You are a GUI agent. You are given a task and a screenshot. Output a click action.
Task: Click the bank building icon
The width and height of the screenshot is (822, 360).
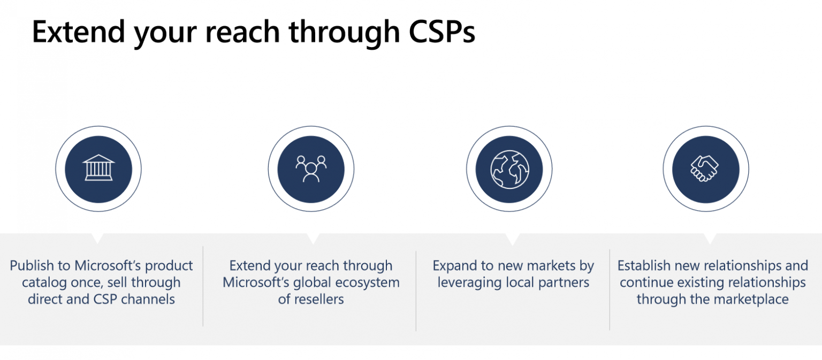point(98,169)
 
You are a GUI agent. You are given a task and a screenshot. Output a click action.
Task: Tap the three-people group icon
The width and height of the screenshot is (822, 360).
point(311,169)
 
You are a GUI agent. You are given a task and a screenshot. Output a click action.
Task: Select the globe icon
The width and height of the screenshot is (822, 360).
point(509,169)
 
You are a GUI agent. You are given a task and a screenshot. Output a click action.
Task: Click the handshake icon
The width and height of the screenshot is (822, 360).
point(705,169)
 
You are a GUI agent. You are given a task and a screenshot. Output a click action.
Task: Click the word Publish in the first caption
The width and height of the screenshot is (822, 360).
point(32,266)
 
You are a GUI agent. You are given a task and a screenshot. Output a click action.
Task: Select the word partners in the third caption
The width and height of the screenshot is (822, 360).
point(562,282)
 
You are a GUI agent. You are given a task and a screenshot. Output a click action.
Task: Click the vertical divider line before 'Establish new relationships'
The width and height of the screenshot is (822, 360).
point(610,289)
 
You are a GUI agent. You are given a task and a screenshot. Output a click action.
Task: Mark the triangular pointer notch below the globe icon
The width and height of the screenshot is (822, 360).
point(512,239)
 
